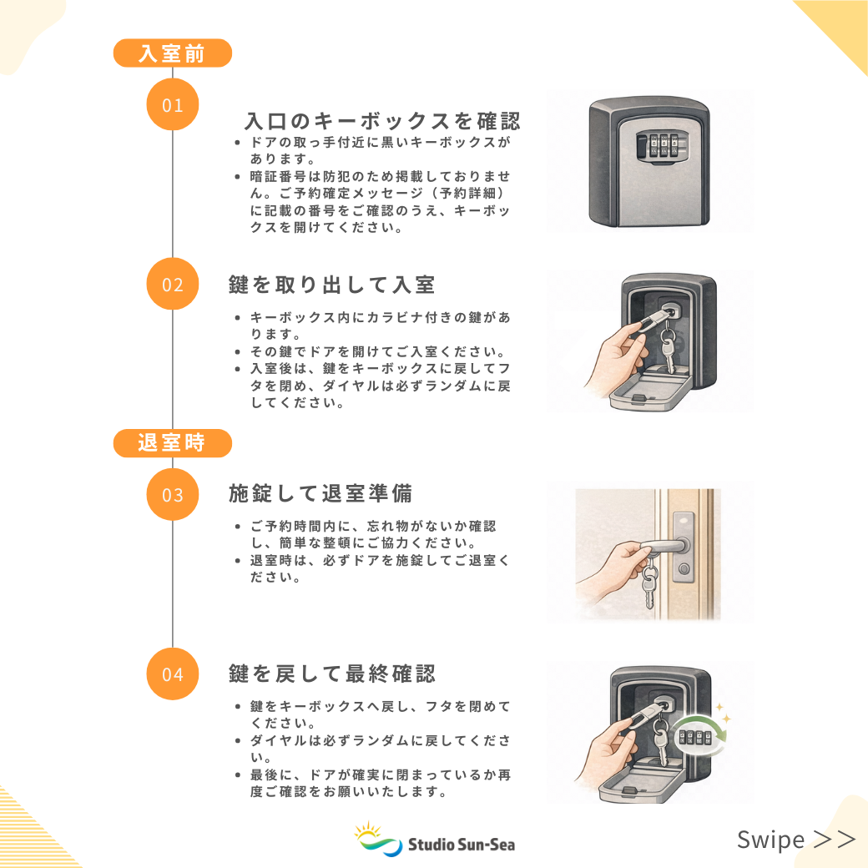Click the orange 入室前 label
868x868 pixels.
172,53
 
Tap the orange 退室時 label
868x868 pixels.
172,443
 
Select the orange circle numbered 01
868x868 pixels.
173,104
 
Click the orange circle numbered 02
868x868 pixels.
173,284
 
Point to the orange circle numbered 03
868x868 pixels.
173,494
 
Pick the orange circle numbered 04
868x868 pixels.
173,674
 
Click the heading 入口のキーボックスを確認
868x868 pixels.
382,121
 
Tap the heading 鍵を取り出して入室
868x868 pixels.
331,285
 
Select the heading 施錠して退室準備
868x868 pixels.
320,493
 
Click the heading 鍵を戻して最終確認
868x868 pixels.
331,674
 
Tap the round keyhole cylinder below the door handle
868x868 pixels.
684,568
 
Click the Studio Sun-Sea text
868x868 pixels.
462,845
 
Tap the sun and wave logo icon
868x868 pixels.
377,840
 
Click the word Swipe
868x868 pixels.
770,840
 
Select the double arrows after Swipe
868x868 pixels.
835,840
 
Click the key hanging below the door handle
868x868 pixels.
649,587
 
